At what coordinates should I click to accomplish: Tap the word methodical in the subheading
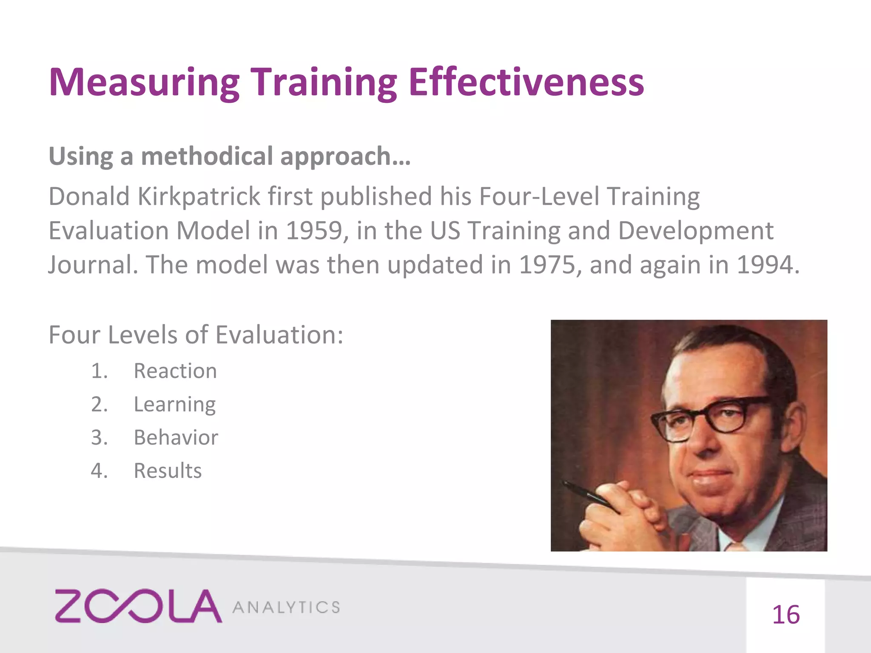pyautogui.click(x=207, y=156)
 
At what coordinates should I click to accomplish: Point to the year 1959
pyautogui.click(x=314, y=231)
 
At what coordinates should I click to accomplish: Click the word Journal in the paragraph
pyautogui.click(x=93, y=265)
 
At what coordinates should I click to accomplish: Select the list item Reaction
pyautogui.click(x=175, y=371)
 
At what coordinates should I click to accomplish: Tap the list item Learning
pyautogui.click(x=175, y=404)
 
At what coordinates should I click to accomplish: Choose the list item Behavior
pyautogui.click(x=176, y=437)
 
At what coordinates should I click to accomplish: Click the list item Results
pyautogui.click(x=168, y=471)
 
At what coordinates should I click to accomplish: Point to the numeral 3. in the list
pyautogui.click(x=99, y=437)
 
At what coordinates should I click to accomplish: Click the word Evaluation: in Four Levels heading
pyautogui.click(x=279, y=335)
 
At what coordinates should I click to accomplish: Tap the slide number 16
pyautogui.click(x=786, y=615)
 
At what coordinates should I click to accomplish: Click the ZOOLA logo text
pyautogui.click(x=138, y=606)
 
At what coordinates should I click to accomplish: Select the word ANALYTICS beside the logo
pyautogui.click(x=286, y=607)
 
